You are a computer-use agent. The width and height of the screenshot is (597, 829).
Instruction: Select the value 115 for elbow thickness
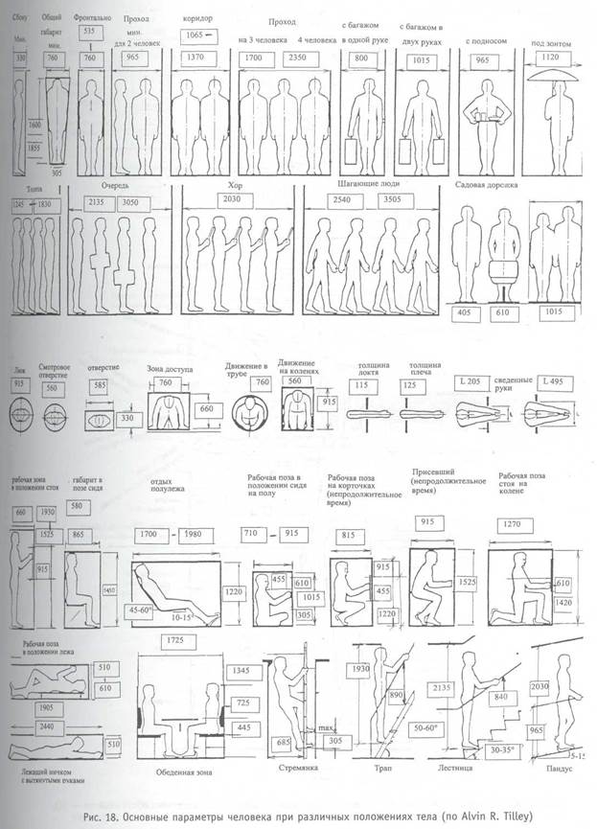pos(360,385)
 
